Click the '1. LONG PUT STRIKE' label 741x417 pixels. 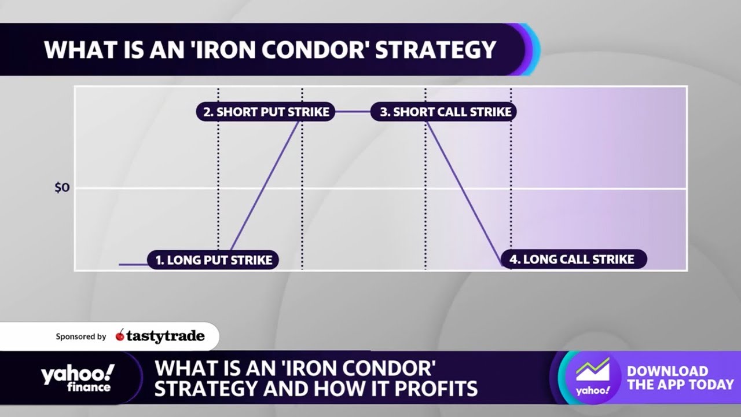pos(213,260)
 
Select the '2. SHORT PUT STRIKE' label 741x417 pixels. pos(266,112)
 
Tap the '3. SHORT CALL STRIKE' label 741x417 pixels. pos(444,112)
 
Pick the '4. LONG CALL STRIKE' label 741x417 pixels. pos(573,259)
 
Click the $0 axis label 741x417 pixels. pos(62,188)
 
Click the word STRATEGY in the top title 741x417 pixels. pos(436,50)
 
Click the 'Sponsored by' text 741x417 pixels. pos(81,336)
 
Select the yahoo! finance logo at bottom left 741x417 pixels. pos(77,378)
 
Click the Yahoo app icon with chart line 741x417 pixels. pos(593,377)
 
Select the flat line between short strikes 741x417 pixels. pos(353,112)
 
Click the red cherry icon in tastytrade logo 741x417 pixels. pos(120,335)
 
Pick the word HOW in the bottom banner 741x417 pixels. pos(360,388)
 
